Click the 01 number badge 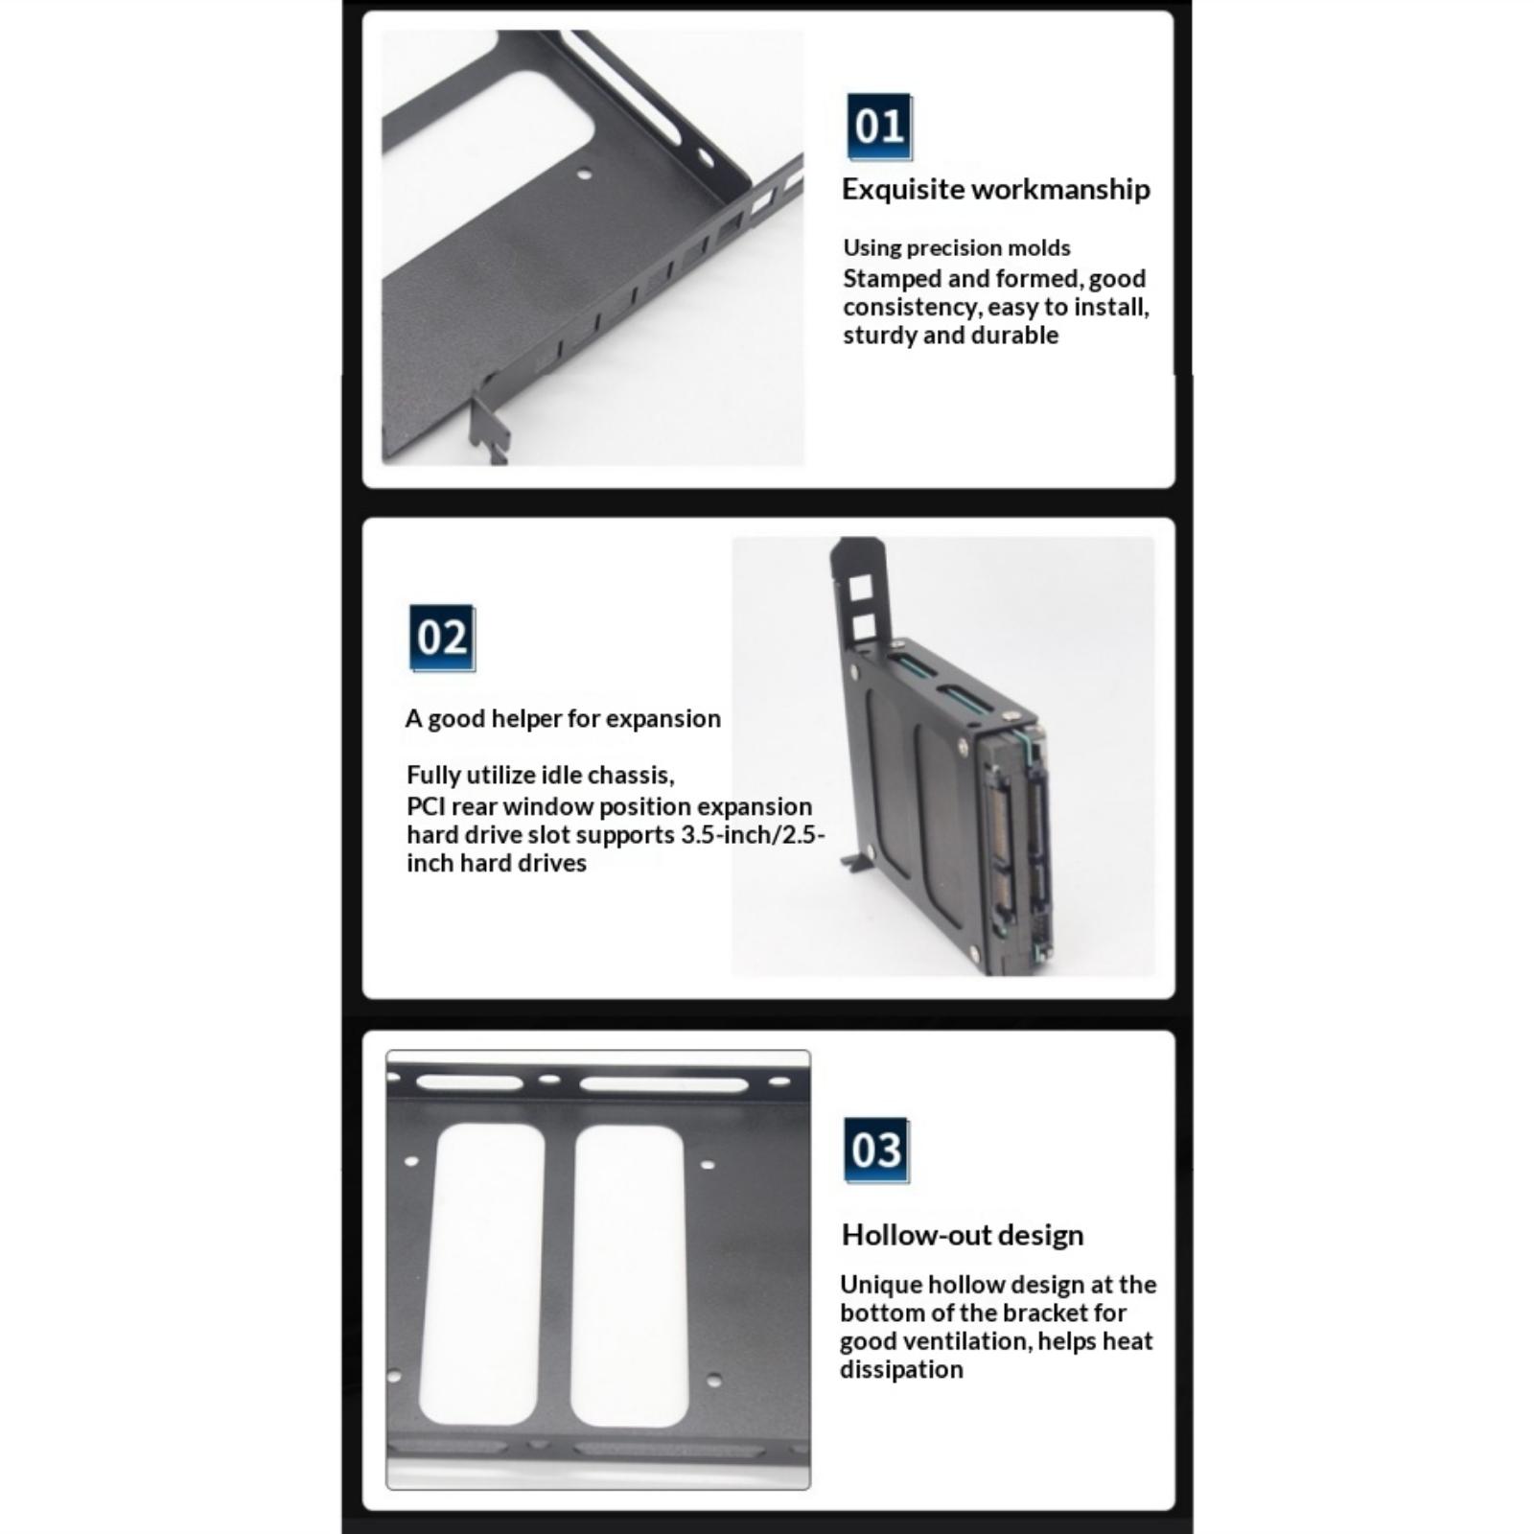(879, 127)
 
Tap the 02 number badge (442, 638)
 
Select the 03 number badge (876, 1150)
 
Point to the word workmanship (1058, 190)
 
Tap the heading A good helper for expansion (563, 719)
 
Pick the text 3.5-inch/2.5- (753, 835)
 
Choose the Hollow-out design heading (963, 1235)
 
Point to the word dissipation (901, 1370)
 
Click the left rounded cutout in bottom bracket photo (482, 1273)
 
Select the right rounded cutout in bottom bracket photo (629, 1275)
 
